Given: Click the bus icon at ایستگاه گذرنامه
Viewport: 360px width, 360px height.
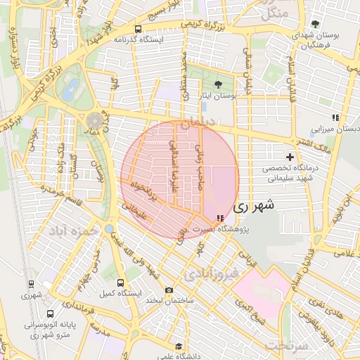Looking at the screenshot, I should pos(137,30).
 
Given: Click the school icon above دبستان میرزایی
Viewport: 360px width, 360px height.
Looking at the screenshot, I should pos(335,117).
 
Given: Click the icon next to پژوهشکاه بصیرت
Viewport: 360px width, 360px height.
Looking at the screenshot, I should pos(221,218).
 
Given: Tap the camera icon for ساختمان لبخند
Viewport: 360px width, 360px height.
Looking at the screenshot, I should pos(169,290).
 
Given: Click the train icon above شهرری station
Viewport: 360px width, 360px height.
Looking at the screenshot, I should pos(31,284).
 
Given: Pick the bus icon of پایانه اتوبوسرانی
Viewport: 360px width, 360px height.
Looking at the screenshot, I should pos(50,313).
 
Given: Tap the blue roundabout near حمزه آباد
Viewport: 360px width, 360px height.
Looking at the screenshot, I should pos(109,229).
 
